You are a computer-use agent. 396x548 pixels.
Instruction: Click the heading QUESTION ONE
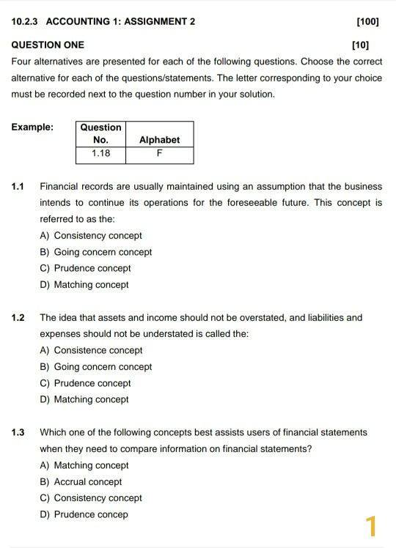point(48,45)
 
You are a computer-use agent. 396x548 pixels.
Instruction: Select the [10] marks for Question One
point(360,45)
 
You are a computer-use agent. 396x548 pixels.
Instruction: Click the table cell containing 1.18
point(101,154)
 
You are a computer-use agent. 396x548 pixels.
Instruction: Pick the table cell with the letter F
point(159,154)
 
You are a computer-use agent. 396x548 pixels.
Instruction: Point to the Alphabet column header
point(159,140)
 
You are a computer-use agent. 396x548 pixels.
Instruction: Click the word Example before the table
point(32,127)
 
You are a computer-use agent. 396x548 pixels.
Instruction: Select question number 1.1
point(18,187)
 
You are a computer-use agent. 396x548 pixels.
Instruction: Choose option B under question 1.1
point(95,252)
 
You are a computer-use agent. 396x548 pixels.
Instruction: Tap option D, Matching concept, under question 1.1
point(84,285)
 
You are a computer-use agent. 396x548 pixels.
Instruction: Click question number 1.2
point(18,318)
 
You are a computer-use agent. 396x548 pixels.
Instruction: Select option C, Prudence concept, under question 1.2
point(85,383)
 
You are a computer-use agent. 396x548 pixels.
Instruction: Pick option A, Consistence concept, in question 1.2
point(91,350)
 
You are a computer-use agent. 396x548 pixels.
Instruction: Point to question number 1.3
point(18,432)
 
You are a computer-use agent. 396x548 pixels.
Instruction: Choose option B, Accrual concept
point(81,482)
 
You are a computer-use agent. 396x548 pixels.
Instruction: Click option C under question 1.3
point(91,498)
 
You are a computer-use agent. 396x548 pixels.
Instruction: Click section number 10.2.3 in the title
point(26,21)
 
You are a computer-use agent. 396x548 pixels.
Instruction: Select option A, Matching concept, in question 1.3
point(84,465)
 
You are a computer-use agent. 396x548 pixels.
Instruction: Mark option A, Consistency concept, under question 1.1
point(91,236)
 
